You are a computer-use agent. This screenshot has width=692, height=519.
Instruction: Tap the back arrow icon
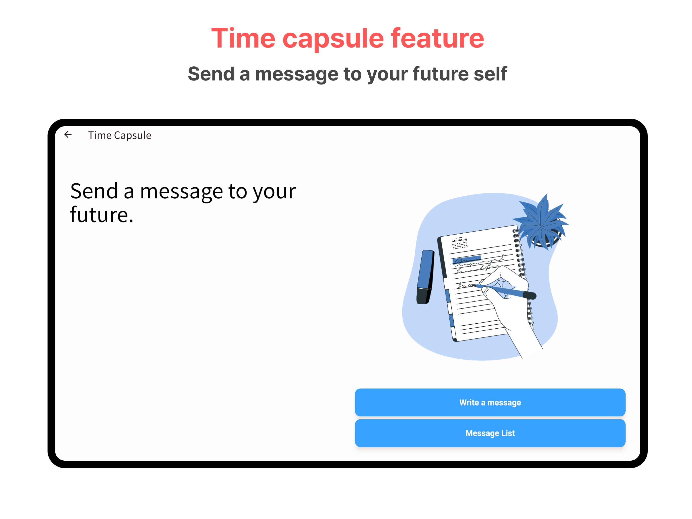68,135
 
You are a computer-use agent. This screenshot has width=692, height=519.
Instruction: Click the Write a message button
490,402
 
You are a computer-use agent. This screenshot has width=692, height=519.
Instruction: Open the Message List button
490,433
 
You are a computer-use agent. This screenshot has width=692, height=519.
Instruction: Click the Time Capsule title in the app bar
119,136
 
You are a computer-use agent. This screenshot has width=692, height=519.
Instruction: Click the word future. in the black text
101,215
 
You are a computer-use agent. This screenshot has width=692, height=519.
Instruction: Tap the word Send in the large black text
94,191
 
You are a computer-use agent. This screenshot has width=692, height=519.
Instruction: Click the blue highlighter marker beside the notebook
426,272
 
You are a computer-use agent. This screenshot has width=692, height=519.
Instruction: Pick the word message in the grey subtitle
296,74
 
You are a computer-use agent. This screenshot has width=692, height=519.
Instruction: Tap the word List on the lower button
508,433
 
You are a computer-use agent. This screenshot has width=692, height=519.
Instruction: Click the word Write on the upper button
469,402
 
